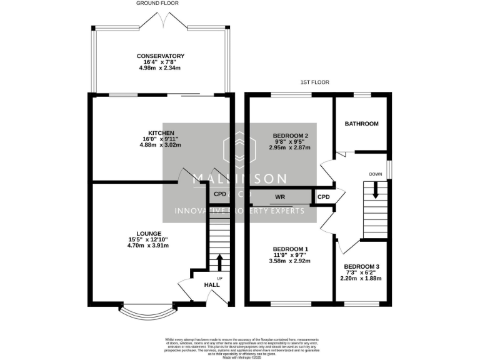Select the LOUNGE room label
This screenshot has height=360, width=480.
148,234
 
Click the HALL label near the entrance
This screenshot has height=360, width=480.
212,285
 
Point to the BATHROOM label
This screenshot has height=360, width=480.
361,124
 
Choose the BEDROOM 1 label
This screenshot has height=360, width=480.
287,249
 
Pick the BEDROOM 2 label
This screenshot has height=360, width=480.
291,136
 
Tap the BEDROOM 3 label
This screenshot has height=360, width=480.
361,266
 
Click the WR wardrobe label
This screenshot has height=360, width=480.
280,197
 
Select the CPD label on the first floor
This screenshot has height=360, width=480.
323,197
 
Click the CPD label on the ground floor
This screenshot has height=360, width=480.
219,194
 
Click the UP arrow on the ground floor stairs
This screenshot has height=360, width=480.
219,261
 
